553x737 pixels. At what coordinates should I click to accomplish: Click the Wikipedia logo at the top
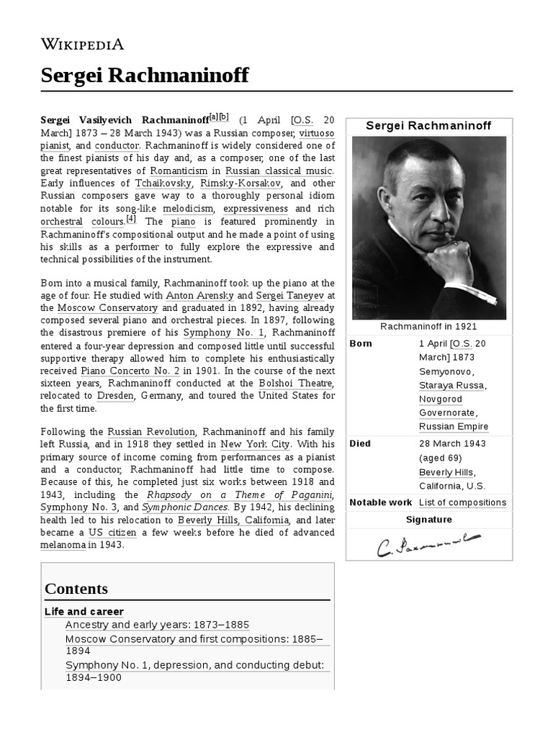click(82, 44)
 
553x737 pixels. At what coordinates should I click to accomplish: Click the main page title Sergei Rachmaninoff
click(145, 75)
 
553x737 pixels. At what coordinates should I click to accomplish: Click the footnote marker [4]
click(130, 220)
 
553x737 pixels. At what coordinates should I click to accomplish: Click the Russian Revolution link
click(148, 432)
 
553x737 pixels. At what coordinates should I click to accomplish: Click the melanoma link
click(63, 545)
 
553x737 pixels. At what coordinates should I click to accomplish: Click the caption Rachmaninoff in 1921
click(428, 327)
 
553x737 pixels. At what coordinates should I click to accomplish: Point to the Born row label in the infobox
click(361, 344)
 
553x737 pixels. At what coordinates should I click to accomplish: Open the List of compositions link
click(462, 502)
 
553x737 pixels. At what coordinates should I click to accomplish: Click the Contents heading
click(76, 589)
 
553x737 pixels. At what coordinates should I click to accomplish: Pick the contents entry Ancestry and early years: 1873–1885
click(157, 625)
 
